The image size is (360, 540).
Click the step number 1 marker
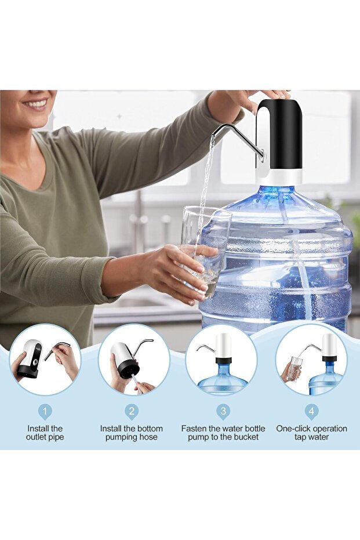(x=45, y=412)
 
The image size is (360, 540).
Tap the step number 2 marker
(x=132, y=412)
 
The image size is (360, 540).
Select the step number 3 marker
(x=223, y=412)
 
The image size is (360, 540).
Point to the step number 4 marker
(x=311, y=412)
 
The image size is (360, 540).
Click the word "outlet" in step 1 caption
(x=37, y=437)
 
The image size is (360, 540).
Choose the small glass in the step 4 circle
(x=295, y=369)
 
